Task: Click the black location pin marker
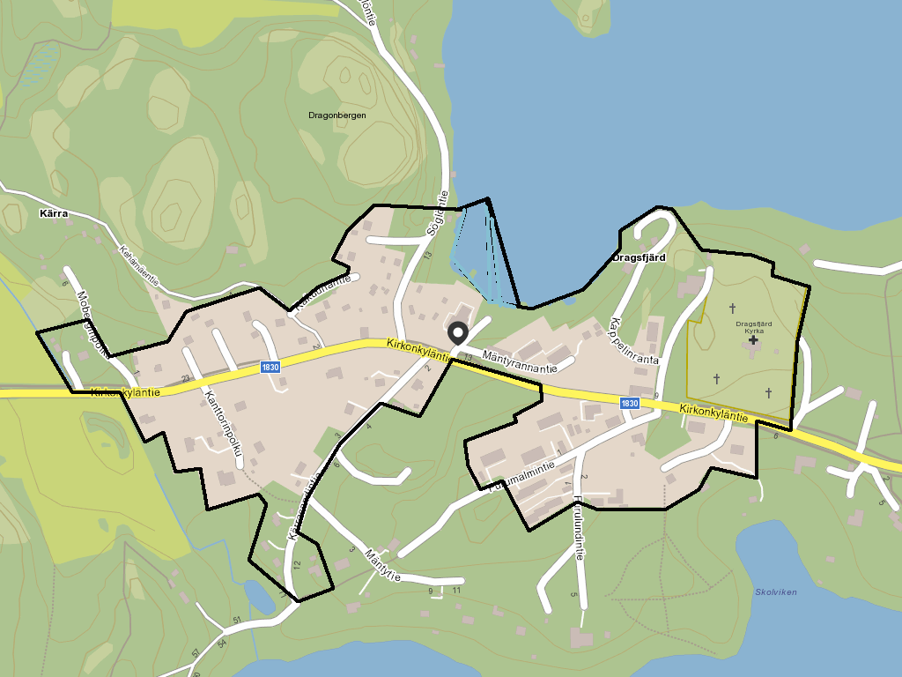click(458, 333)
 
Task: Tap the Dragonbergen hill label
click(337, 115)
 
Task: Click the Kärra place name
click(54, 213)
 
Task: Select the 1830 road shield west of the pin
click(270, 367)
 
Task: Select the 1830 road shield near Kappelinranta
click(629, 403)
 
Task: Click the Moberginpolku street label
click(92, 324)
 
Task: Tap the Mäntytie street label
click(381, 565)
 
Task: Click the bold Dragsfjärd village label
click(639, 258)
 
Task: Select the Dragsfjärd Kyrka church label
click(753, 327)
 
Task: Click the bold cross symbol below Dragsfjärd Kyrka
click(753, 340)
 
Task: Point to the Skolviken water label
click(776, 592)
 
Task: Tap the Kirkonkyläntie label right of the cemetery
click(714, 412)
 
